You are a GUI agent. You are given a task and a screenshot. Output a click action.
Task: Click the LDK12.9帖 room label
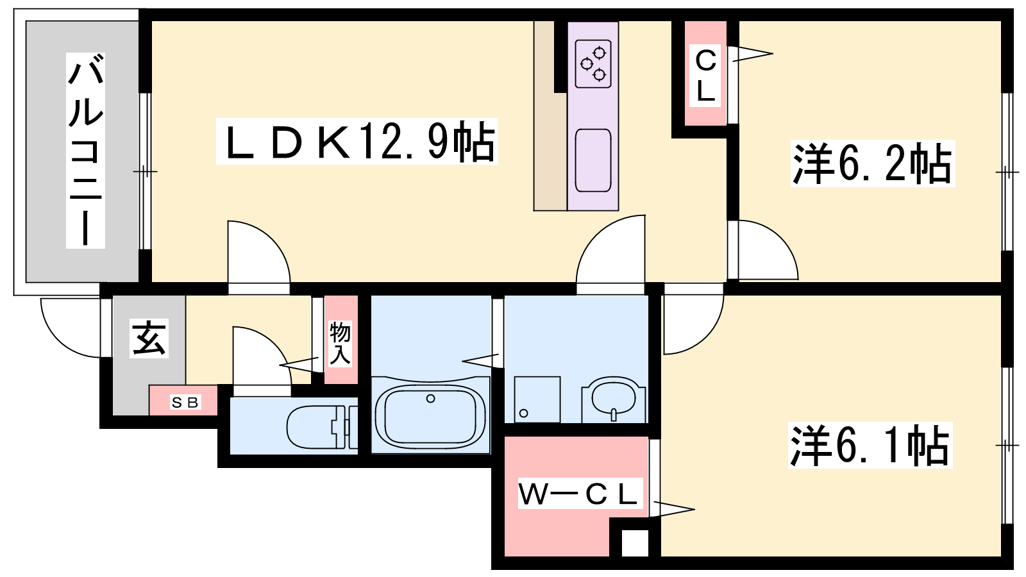pyautogui.click(x=357, y=142)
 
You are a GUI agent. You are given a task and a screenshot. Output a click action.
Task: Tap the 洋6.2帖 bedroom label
pyautogui.click(x=873, y=163)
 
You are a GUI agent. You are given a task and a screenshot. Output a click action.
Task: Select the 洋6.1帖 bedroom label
pyautogui.click(x=870, y=445)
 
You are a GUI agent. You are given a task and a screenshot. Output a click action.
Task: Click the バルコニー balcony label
pyautogui.click(x=85, y=151)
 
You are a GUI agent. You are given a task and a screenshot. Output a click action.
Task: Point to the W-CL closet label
pyautogui.click(x=578, y=494)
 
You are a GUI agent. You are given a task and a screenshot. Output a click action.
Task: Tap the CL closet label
pyautogui.click(x=705, y=76)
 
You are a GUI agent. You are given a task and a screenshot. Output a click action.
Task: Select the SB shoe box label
pyautogui.click(x=185, y=403)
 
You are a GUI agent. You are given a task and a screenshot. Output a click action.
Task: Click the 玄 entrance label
pyautogui.click(x=149, y=338)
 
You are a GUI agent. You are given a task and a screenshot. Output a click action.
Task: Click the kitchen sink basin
pyautogui.click(x=593, y=160)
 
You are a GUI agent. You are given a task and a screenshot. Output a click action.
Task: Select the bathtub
pyautogui.click(x=430, y=415)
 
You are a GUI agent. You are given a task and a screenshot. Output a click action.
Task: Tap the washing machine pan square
pyautogui.click(x=537, y=399)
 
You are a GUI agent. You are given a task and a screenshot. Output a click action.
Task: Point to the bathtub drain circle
pyautogui.click(x=431, y=399)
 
